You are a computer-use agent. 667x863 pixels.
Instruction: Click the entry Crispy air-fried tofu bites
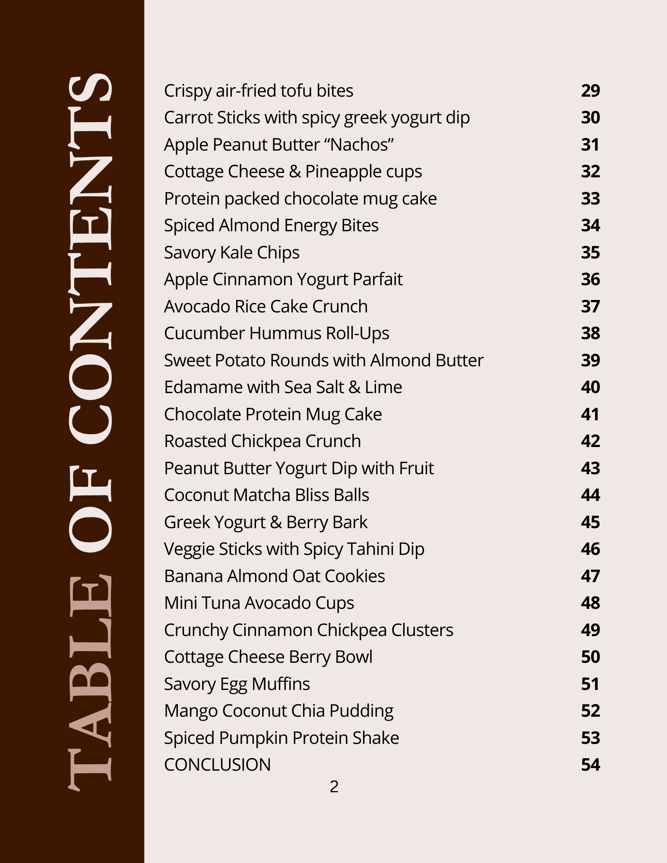(x=258, y=91)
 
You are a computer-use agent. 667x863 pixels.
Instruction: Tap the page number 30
(x=590, y=118)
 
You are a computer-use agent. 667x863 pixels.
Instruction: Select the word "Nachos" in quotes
(x=362, y=145)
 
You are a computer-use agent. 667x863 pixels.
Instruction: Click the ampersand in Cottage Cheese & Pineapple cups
(x=295, y=172)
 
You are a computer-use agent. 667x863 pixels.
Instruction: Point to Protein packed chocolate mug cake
(x=300, y=199)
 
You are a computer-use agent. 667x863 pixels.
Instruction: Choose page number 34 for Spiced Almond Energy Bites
(x=590, y=226)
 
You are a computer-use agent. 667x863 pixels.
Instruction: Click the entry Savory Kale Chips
(x=231, y=253)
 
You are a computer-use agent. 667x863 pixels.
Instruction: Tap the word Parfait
(x=377, y=280)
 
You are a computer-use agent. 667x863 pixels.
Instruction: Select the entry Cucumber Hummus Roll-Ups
(x=276, y=334)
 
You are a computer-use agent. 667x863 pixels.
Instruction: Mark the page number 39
(x=590, y=361)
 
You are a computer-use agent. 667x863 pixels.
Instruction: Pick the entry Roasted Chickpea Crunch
(x=262, y=441)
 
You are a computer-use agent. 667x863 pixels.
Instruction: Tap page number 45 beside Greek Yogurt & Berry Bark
(x=590, y=523)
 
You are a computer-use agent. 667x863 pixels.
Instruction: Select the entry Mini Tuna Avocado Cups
(x=259, y=603)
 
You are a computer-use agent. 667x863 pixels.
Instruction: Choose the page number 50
(x=590, y=657)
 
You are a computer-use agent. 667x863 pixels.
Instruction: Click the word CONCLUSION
(x=217, y=765)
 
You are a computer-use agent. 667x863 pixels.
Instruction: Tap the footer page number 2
(x=334, y=787)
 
